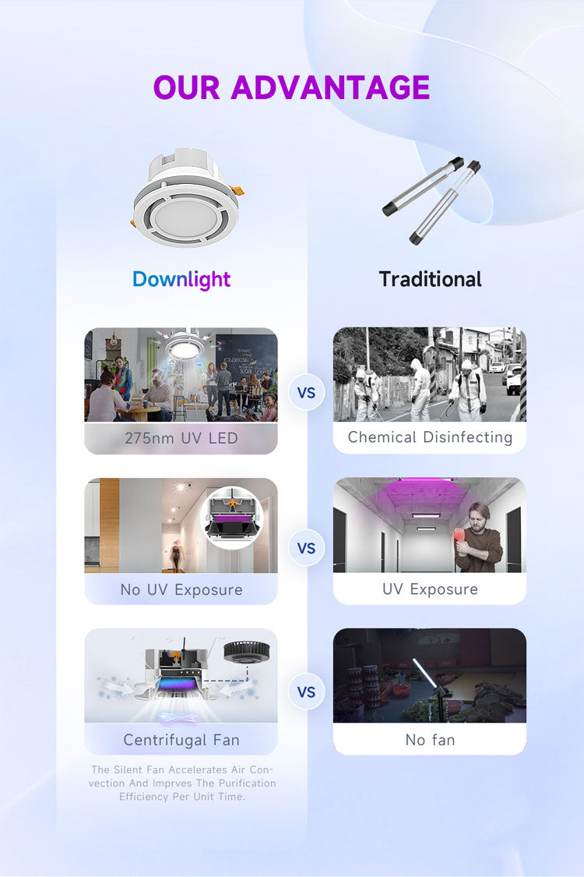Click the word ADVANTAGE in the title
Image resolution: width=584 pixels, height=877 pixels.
[x=330, y=88]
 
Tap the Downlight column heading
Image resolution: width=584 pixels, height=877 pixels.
[x=181, y=279]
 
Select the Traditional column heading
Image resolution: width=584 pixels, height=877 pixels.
[x=430, y=279]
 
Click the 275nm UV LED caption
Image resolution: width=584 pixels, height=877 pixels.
[x=181, y=438]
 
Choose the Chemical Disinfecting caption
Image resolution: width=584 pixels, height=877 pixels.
[x=430, y=437]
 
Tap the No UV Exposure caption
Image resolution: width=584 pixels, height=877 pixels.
[x=181, y=589]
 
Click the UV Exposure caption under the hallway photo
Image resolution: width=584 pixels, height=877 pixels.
[x=430, y=589]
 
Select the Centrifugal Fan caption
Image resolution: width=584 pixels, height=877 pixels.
[x=181, y=740]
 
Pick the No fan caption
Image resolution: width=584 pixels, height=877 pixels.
[x=430, y=740]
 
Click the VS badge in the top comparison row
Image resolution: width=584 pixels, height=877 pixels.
[x=307, y=393]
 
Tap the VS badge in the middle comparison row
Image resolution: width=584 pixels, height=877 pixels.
[x=307, y=548]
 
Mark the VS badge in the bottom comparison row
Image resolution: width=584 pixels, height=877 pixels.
[x=307, y=691]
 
